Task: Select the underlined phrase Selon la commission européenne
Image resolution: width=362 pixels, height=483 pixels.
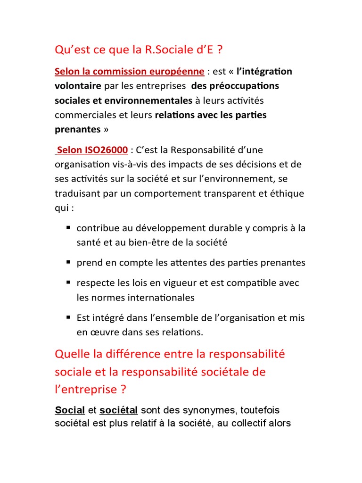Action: pyautogui.click(x=130, y=72)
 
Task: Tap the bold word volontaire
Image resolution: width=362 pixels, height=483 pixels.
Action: pyautogui.click(x=78, y=86)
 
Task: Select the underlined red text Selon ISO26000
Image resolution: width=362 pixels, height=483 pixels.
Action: pyautogui.click(x=91, y=150)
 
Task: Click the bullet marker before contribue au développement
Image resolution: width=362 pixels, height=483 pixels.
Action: pyautogui.click(x=68, y=227)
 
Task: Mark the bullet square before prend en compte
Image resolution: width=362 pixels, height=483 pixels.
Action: pyautogui.click(x=68, y=262)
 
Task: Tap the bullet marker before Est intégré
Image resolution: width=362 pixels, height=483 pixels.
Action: pyautogui.click(x=68, y=317)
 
